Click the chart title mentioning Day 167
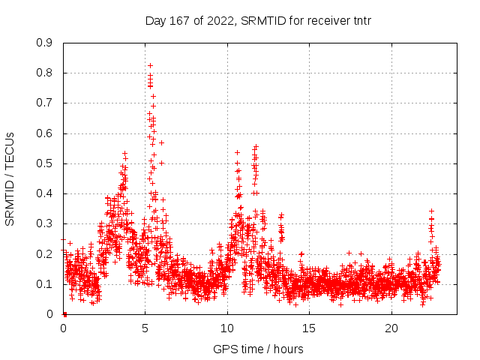[258, 20]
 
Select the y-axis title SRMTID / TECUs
[10, 179]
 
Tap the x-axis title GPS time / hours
[258, 349]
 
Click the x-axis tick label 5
[145, 328]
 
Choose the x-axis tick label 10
[227, 328]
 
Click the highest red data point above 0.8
[150, 65]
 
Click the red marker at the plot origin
[64, 313]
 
